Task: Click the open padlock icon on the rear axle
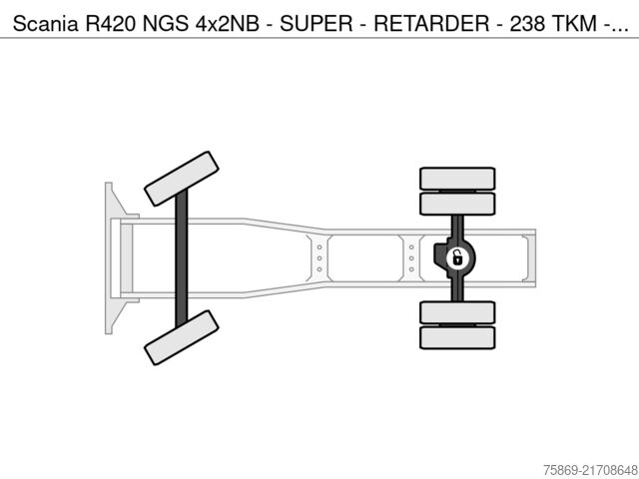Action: point(455,258)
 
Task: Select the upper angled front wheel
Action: point(181,179)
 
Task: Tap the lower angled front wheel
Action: point(181,336)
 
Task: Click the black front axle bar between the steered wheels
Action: point(182,257)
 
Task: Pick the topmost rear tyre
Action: point(457,179)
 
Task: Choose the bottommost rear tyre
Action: point(457,337)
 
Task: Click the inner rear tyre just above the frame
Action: point(457,204)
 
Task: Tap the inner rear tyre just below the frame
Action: point(457,312)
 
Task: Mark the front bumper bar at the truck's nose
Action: point(108,257)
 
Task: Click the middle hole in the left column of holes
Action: point(319,257)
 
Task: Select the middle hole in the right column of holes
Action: point(411,257)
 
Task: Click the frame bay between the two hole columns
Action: point(364,257)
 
